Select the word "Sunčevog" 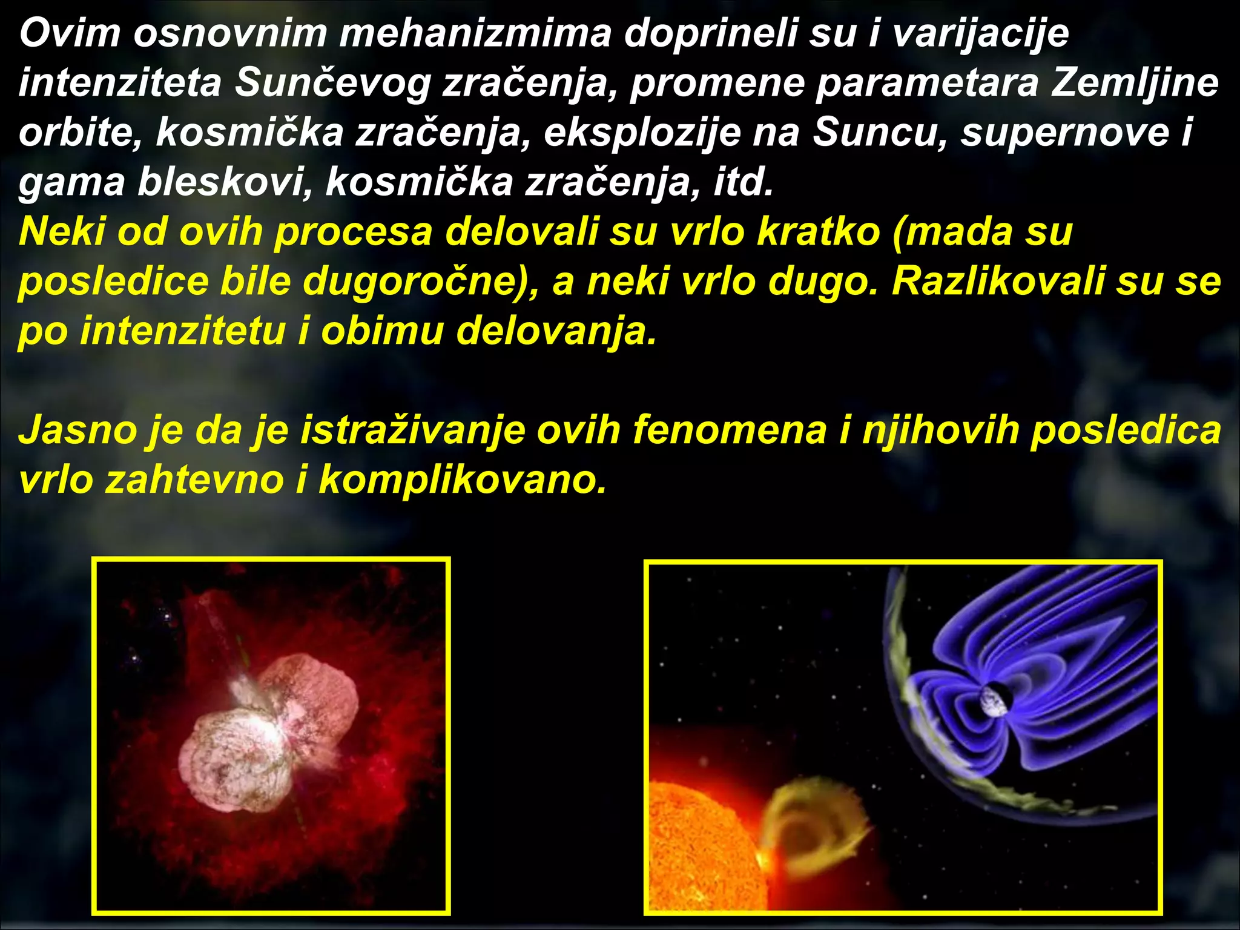[x=332, y=82]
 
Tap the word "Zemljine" [x=1135, y=82]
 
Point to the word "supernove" [x=1064, y=132]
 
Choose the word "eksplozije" [x=642, y=132]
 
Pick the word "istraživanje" [x=413, y=430]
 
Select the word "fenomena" [x=730, y=430]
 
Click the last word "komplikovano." [x=463, y=480]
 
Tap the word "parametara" [x=926, y=82]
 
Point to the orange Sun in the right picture [x=696, y=848]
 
